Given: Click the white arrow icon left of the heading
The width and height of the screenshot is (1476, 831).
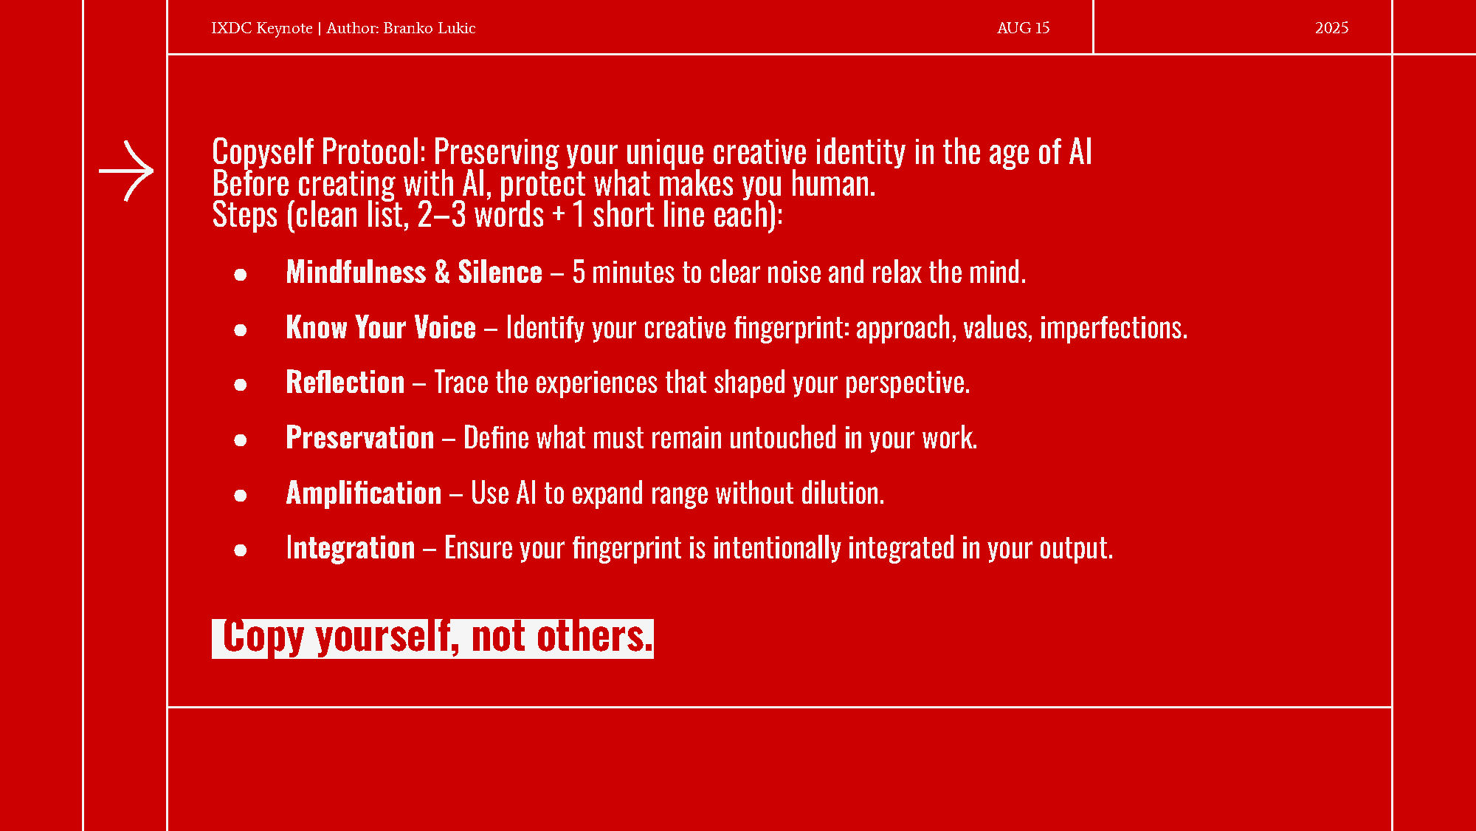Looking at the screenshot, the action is coord(126,171).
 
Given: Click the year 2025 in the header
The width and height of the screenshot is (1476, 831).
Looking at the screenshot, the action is coord(1331,28).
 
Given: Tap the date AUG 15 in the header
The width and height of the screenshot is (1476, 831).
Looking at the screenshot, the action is coord(1023,28).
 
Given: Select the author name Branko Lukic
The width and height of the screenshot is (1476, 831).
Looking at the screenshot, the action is coord(430,28).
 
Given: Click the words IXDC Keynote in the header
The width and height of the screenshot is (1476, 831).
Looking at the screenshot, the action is coord(262,28).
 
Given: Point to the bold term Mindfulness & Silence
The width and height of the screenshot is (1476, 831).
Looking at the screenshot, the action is coord(414,273).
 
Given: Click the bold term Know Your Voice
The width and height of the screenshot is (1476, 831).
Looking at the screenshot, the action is coord(381,327).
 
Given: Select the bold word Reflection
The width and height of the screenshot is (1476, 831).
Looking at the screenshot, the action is coord(345,383).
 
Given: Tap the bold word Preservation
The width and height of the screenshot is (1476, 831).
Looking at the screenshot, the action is coord(360,437).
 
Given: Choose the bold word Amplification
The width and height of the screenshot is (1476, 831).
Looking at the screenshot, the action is coord(364,493).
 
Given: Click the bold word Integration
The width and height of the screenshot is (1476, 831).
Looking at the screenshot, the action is coord(351,548).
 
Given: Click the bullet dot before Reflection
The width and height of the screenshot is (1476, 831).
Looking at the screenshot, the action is coord(240,385).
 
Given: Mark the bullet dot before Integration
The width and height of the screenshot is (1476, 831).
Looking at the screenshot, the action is coord(240,550).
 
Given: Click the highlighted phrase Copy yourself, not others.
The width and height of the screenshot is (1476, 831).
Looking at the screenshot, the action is coord(432,638).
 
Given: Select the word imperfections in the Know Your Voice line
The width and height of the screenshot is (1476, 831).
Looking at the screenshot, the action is coord(1114,328).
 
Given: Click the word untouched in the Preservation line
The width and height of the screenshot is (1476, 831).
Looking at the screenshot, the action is coord(783,438).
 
